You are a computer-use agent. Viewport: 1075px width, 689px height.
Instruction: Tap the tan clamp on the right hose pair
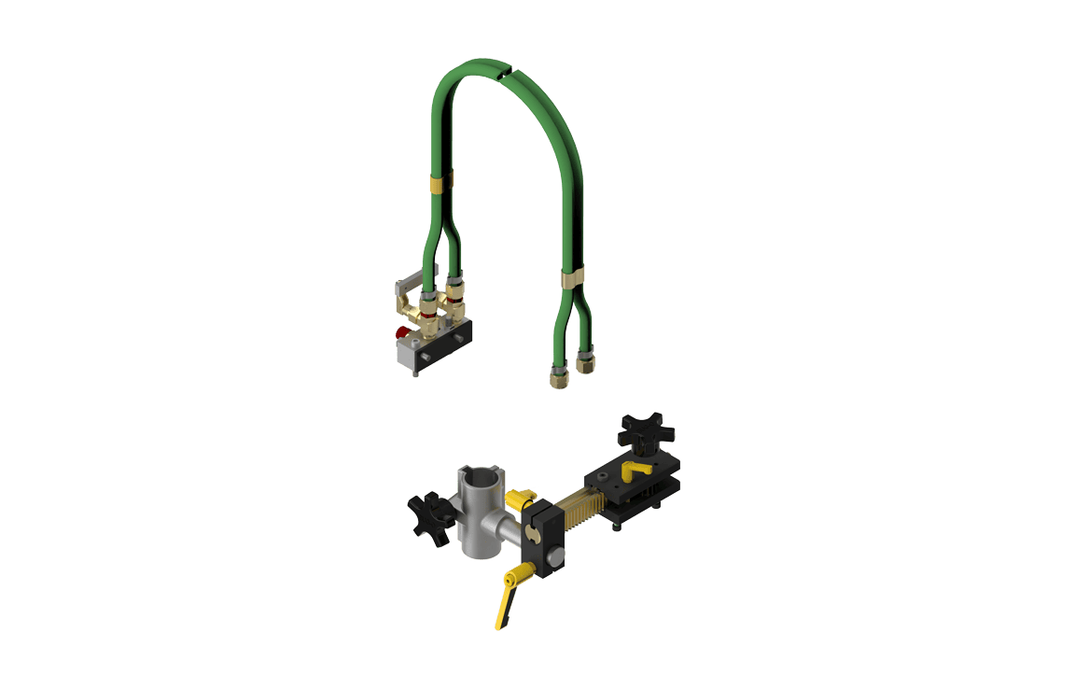[x=572, y=277]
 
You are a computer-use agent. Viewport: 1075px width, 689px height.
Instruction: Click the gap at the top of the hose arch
[x=504, y=69]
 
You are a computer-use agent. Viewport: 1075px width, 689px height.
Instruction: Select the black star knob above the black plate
[x=645, y=430]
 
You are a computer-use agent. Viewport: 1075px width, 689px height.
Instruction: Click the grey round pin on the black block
[x=554, y=558]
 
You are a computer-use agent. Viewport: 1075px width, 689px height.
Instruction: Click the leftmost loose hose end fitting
[x=557, y=377]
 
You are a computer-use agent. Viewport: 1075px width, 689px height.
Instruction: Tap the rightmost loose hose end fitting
[x=586, y=361]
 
